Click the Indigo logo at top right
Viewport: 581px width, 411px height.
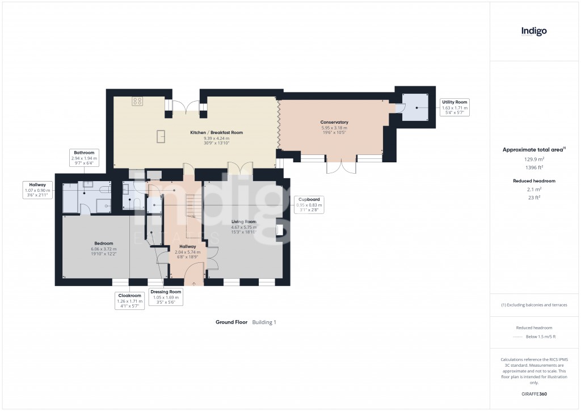coord(534,31)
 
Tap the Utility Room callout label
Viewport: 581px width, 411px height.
coord(454,107)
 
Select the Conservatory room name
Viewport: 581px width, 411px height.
coord(334,122)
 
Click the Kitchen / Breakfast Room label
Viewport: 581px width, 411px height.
coord(216,132)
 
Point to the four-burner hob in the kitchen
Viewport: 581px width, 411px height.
coord(137,102)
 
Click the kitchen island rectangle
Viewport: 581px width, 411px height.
coord(161,137)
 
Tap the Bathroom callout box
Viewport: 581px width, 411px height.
coord(84,158)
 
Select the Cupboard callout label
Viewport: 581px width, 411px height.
coord(310,204)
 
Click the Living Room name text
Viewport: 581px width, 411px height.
coord(243,221)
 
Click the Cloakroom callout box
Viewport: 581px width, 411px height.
coord(129,301)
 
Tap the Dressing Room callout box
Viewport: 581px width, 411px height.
coord(166,297)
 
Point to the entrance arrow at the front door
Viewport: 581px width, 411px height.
coord(193,284)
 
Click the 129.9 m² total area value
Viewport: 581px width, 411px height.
coord(534,160)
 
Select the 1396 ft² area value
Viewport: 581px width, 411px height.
coord(534,168)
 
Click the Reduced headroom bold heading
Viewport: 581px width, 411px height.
coord(534,181)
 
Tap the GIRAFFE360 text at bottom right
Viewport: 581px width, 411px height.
coord(534,393)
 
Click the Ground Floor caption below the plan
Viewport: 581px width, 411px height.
coord(231,322)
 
